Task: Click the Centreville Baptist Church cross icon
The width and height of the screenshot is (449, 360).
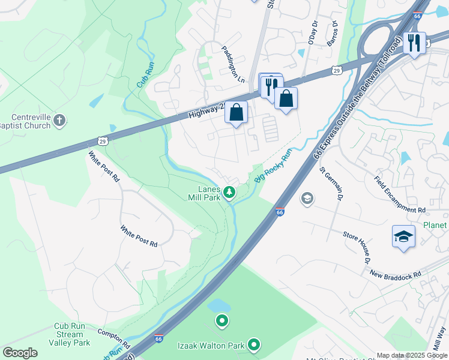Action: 59,121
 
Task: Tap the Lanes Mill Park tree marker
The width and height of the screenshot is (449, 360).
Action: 229,193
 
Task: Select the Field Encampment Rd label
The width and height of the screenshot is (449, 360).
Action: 399,194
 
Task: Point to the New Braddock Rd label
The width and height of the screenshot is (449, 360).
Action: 396,274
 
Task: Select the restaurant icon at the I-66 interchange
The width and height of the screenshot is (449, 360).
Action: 414,43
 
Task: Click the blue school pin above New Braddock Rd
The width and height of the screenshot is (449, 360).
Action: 403,237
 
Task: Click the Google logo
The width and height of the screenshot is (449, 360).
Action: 20,353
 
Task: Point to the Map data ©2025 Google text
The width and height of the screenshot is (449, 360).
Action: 412,355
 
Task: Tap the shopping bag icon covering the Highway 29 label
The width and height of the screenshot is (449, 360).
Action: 237,112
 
